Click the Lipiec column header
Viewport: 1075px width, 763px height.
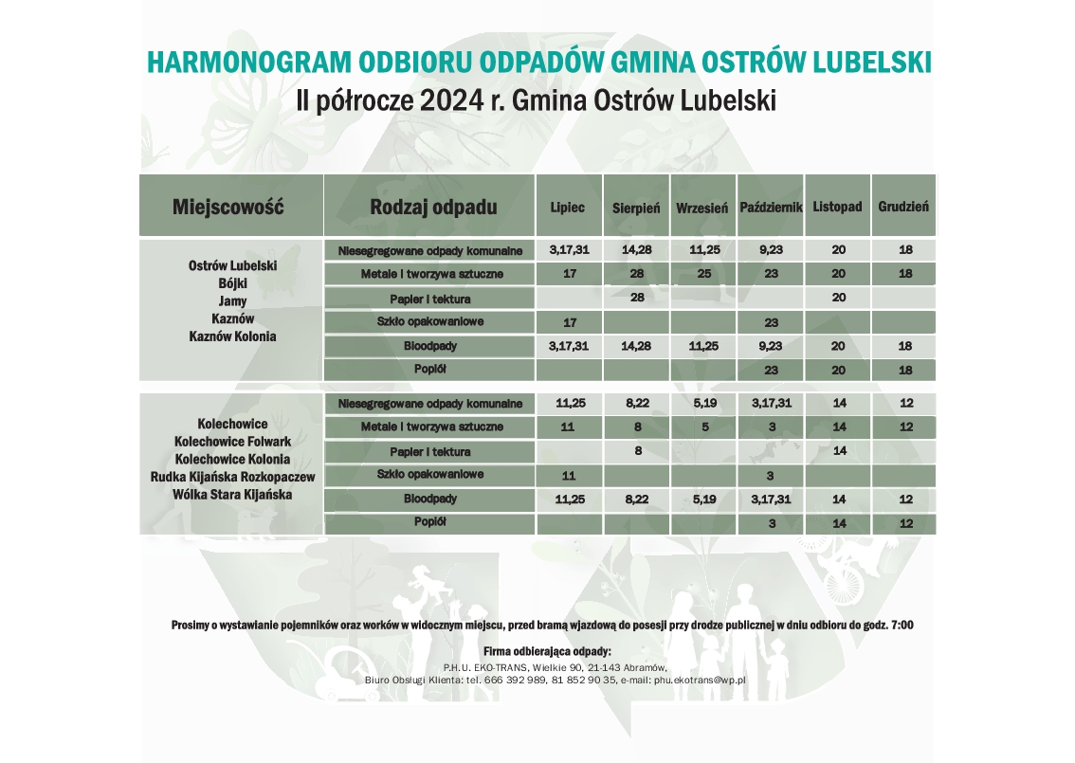pyautogui.click(x=568, y=207)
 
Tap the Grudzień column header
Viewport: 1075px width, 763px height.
pyautogui.click(x=903, y=206)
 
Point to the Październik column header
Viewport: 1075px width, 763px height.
pyautogui.click(x=771, y=207)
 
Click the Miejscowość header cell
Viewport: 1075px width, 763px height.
pyautogui.click(x=228, y=207)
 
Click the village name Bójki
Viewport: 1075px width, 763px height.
pyautogui.click(x=232, y=283)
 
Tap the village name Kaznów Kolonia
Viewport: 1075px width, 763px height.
pyautogui.click(x=232, y=336)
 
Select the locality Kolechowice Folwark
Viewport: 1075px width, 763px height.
pyautogui.click(x=232, y=441)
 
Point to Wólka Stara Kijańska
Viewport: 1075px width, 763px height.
pyautogui.click(x=232, y=494)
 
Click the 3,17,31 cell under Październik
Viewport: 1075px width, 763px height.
pyautogui.click(x=771, y=403)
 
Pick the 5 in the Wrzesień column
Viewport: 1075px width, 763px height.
pyautogui.click(x=701, y=427)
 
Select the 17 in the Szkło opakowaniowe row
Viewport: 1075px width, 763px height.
pyautogui.click(x=569, y=322)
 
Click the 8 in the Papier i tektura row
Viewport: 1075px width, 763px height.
pyautogui.click(x=637, y=450)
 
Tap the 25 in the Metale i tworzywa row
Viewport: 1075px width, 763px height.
pyautogui.click(x=701, y=274)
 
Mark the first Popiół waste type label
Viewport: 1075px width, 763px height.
pyautogui.click(x=429, y=369)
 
